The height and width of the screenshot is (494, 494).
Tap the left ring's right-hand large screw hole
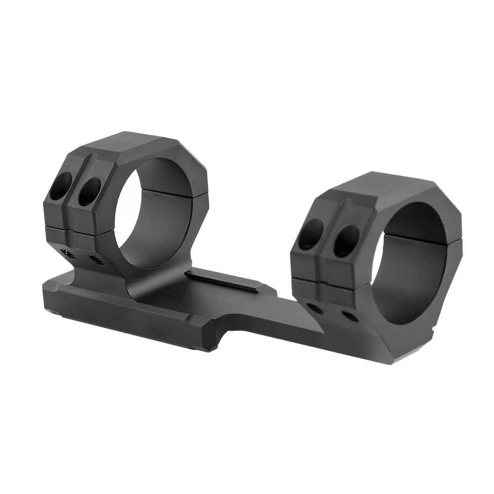click(89, 191)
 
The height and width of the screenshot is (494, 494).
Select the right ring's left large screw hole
click(310, 234)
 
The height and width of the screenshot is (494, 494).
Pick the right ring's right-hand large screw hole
click(346, 241)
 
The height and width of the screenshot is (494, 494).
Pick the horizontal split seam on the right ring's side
click(326, 283)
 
